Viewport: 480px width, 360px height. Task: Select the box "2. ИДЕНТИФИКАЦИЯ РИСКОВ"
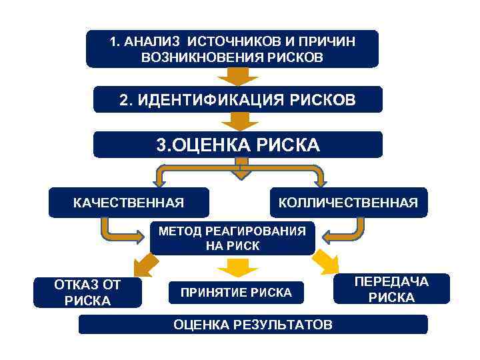pyautogui.click(x=238, y=100)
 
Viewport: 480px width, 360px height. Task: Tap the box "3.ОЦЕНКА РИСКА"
pyautogui.click(x=238, y=145)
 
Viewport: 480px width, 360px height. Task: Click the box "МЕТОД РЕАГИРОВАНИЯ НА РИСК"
pyautogui.click(x=232, y=238)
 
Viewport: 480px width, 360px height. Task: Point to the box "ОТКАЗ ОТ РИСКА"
pyautogui.click(x=87, y=293)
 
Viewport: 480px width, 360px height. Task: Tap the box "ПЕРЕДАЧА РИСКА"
pyautogui.click(x=391, y=289)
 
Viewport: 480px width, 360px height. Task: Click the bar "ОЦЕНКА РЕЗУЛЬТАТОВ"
pyautogui.click(x=253, y=325)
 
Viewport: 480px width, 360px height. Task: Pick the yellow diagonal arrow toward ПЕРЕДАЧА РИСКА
pyautogui.click(x=326, y=261)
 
